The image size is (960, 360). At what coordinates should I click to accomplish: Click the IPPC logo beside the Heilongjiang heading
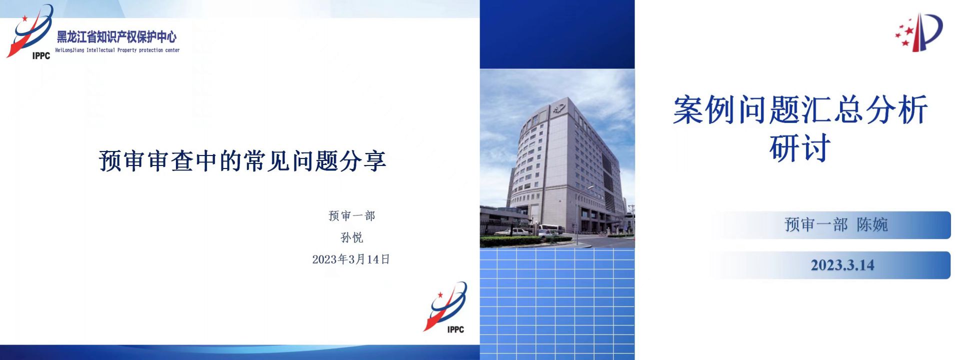(29, 32)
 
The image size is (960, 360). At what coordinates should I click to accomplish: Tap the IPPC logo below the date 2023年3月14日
(445, 307)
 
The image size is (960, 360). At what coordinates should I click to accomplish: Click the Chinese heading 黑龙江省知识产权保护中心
(116, 37)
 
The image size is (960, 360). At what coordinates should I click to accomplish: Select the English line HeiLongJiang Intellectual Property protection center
(117, 50)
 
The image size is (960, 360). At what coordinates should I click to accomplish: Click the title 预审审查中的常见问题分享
(242, 161)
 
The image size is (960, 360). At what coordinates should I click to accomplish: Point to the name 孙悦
(352, 237)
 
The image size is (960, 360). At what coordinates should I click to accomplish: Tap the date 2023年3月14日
(351, 259)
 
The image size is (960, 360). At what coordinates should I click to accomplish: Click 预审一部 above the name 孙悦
(352, 216)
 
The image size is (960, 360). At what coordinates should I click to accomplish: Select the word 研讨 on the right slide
(800, 148)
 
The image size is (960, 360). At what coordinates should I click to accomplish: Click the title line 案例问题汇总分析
(800, 110)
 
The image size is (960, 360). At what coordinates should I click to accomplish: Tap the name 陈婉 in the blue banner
(872, 225)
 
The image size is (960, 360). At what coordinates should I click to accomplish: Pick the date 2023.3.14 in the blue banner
(842, 265)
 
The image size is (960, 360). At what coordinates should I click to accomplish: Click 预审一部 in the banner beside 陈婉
(816, 225)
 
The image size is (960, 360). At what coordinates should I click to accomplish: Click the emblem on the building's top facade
(558, 108)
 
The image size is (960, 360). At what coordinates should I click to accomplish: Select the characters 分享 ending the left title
(363, 161)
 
